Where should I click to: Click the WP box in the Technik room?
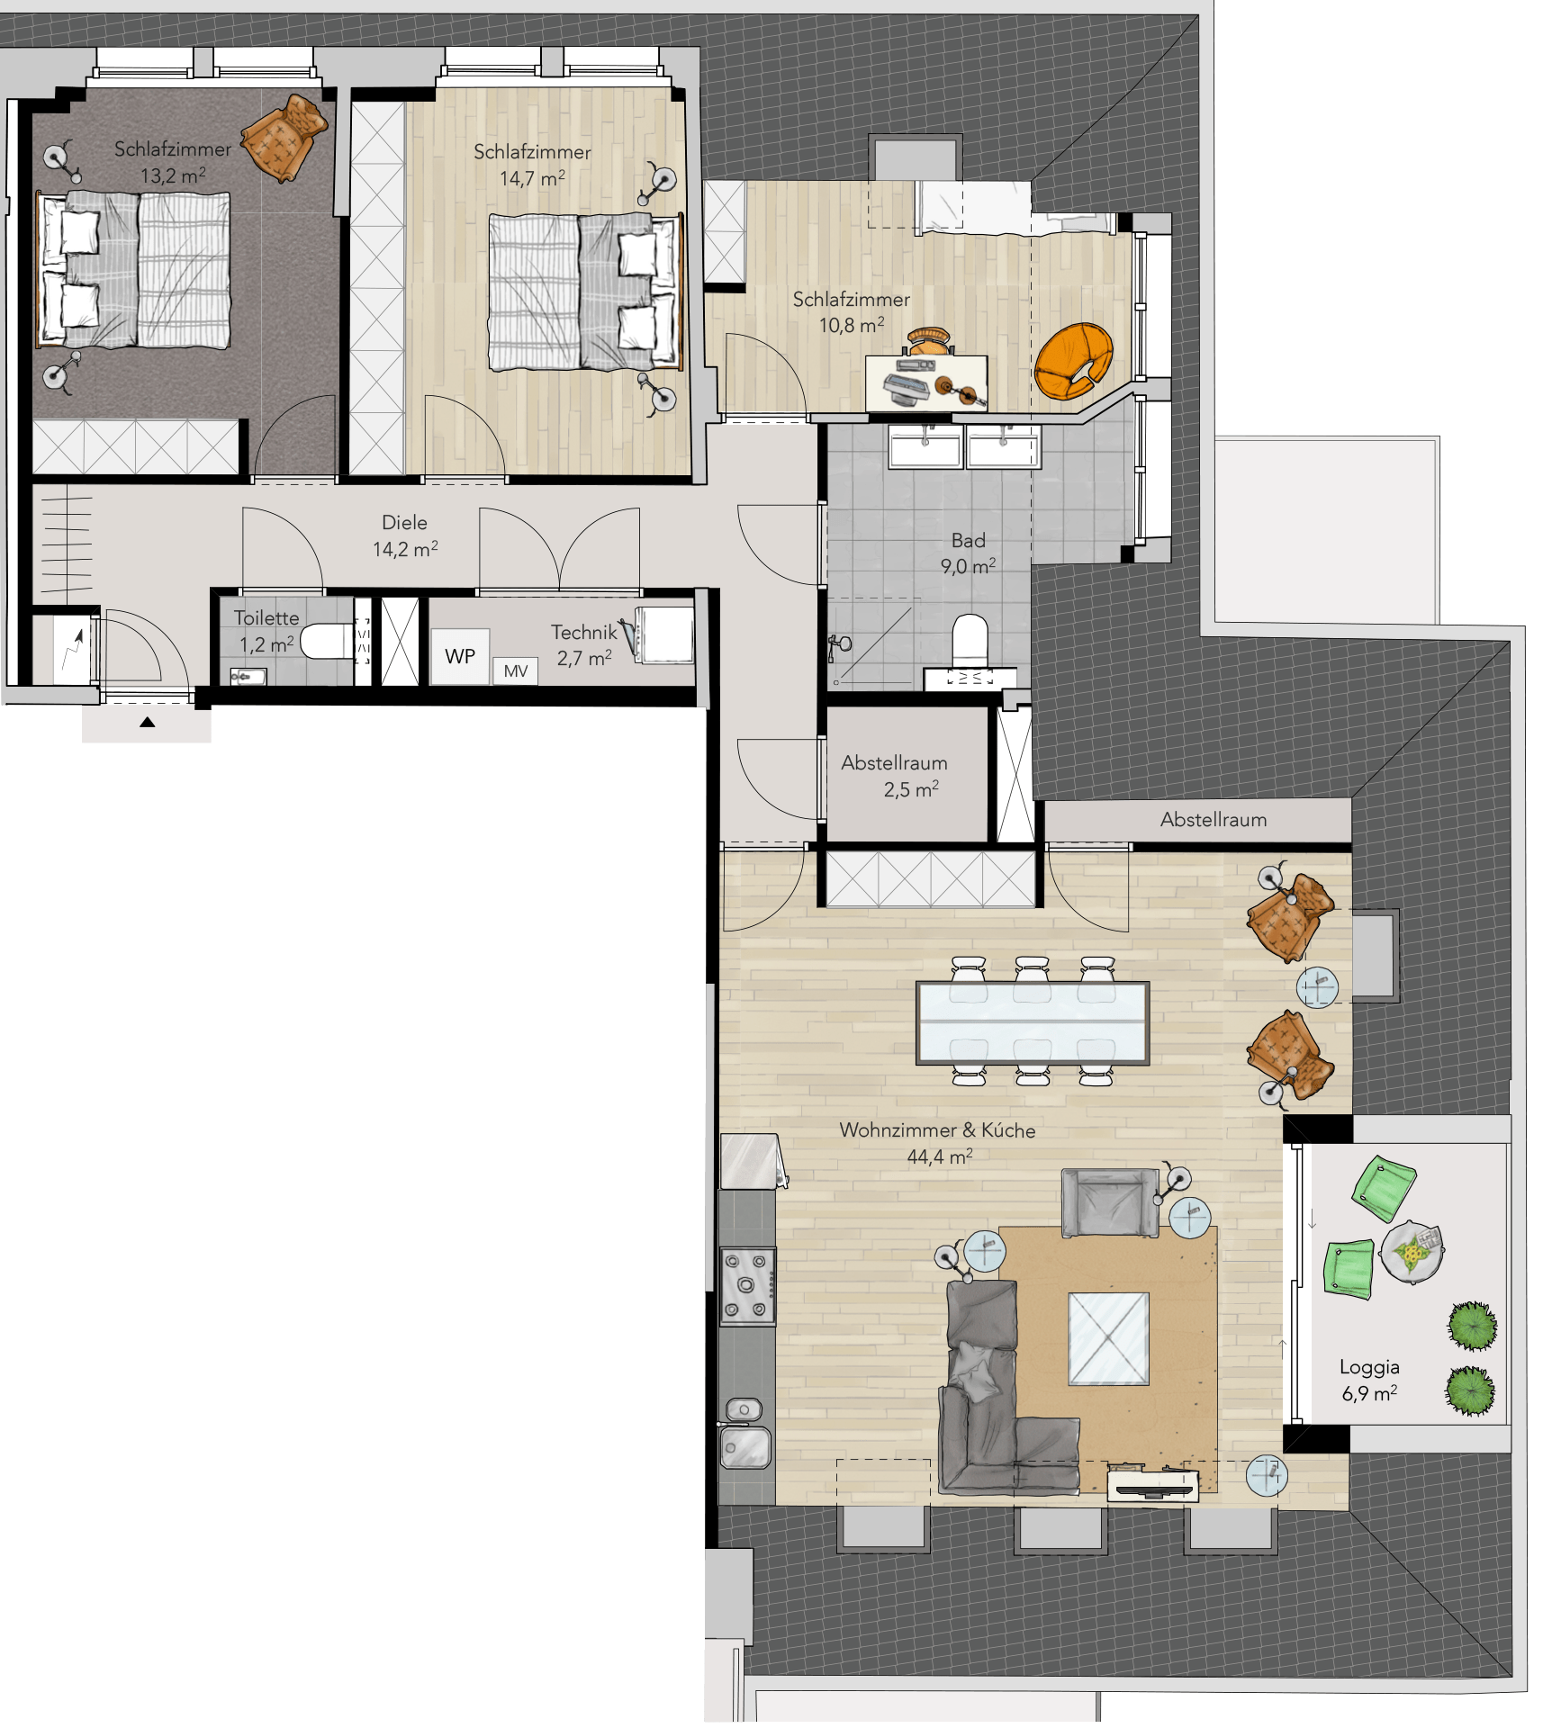click(x=459, y=656)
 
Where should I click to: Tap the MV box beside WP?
click(x=515, y=670)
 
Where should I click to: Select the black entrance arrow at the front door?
click(x=148, y=722)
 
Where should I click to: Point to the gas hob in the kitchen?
click(x=747, y=1286)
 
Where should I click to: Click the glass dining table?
click(x=1032, y=1023)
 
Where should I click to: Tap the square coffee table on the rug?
click(x=1108, y=1338)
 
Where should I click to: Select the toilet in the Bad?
click(x=970, y=642)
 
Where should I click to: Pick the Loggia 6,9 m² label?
click(x=1369, y=1380)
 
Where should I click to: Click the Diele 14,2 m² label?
click(x=405, y=535)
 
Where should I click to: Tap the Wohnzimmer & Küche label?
click(x=937, y=1130)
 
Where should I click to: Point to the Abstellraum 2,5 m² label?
click(x=894, y=776)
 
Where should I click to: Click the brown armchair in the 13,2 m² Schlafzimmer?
click(x=284, y=136)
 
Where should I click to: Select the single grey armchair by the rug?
click(x=1110, y=1202)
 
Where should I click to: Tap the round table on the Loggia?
click(x=1412, y=1251)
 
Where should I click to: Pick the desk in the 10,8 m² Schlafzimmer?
click(x=926, y=382)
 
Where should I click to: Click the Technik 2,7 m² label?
click(x=584, y=645)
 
